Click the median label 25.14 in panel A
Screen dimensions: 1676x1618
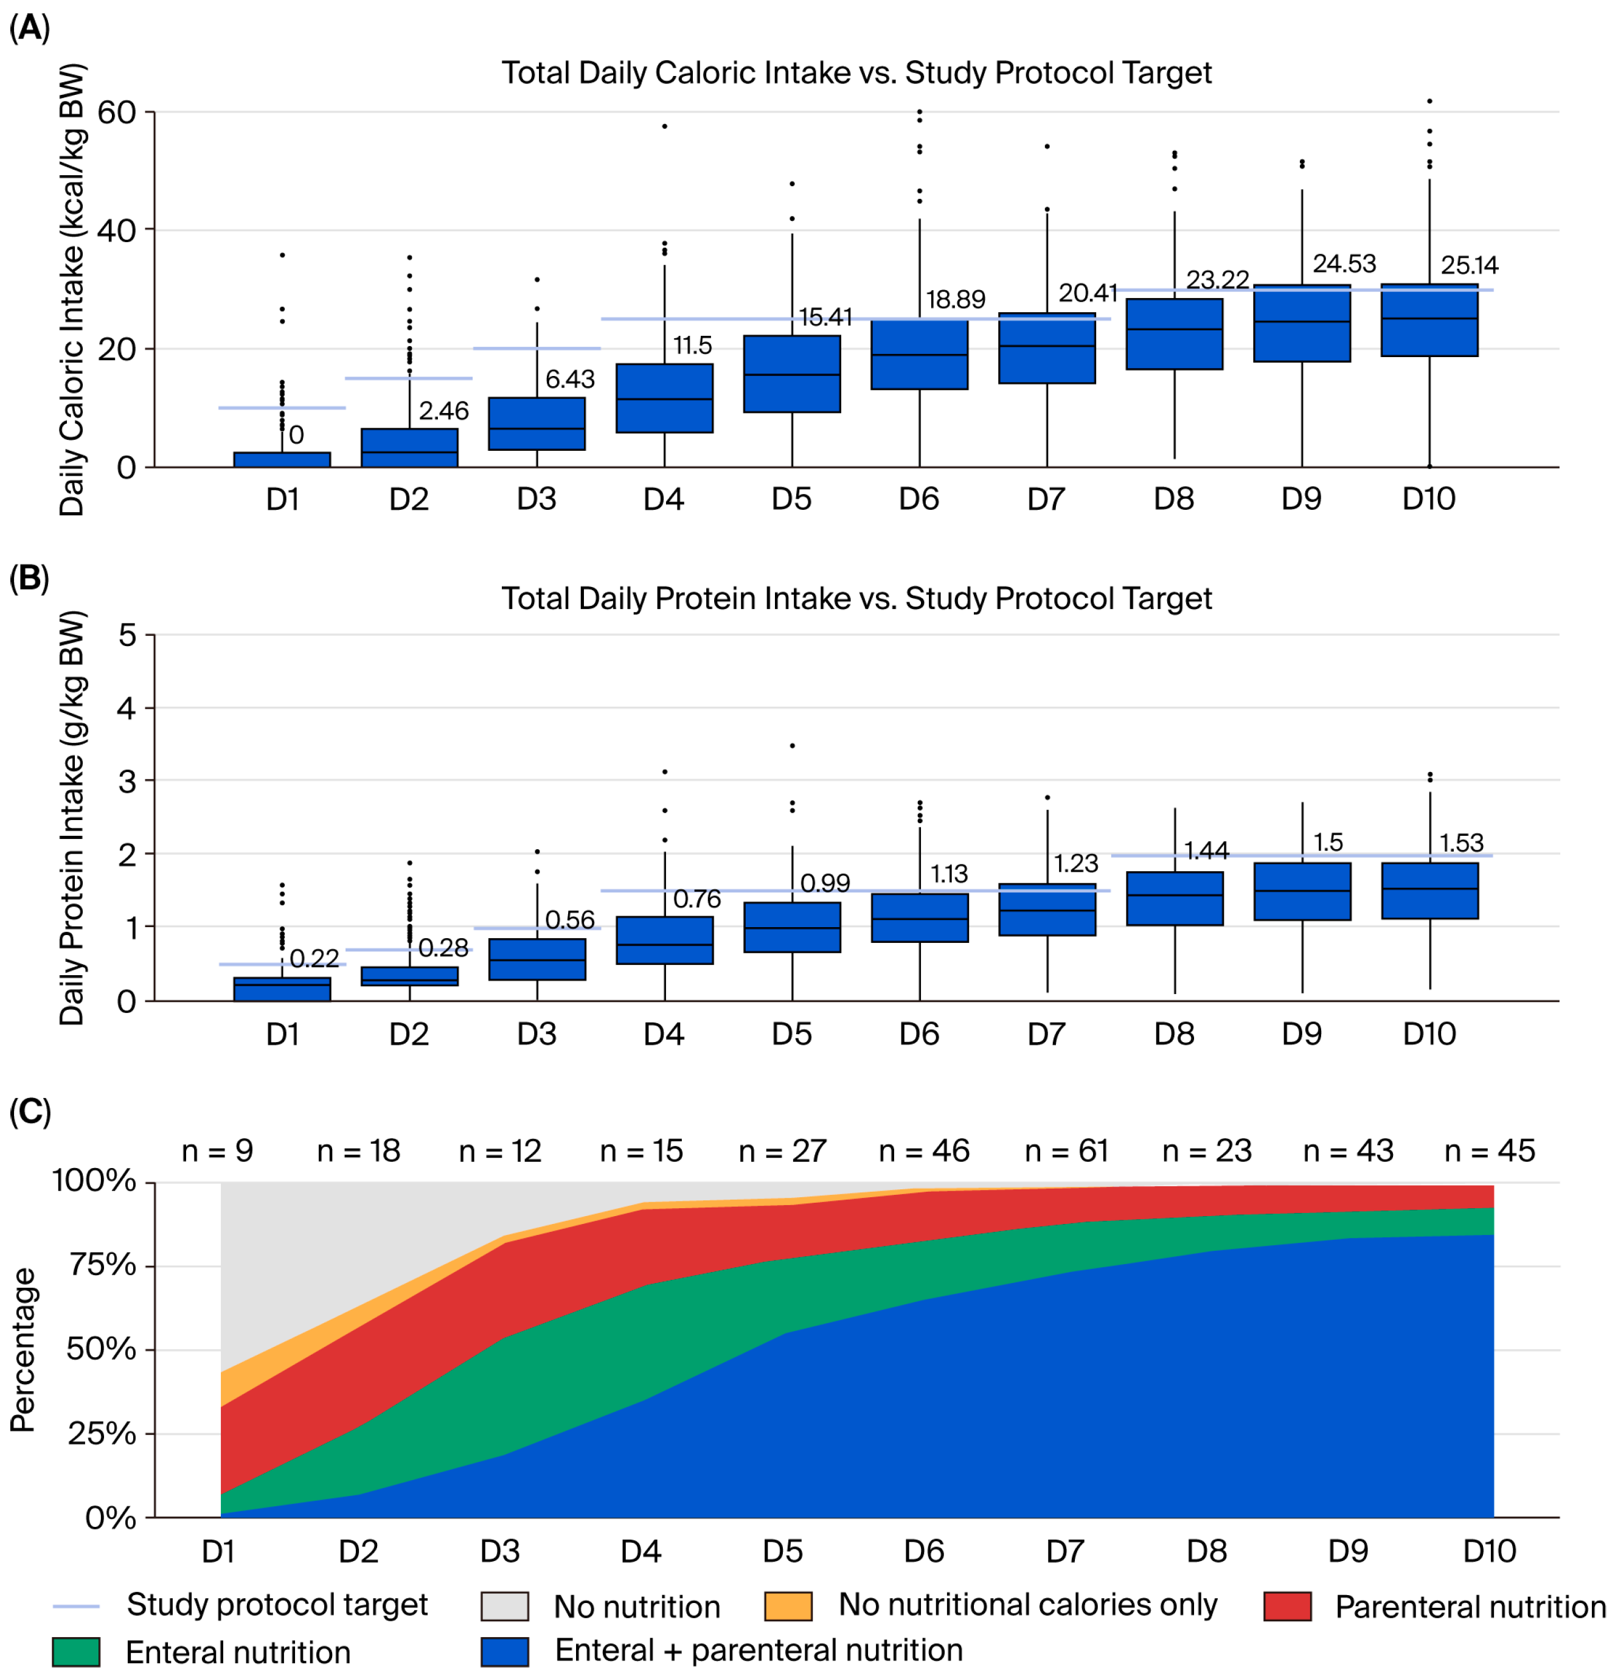(1468, 265)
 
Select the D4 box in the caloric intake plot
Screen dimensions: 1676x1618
(664, 398)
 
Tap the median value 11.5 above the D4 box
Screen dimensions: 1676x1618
(691, 346)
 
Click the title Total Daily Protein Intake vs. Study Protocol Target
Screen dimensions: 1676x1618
(855, 598)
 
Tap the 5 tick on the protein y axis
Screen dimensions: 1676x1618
(127, 635)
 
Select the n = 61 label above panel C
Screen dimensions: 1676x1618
(1066, 1150)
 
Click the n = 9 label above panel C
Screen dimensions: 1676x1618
(217, 1150)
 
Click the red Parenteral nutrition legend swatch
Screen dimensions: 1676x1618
(1286, 1606)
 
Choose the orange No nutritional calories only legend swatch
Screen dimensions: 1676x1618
(788, 1606)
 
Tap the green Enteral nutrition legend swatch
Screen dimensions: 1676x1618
(75, 1651)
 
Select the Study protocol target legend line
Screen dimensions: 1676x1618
(75, 1606)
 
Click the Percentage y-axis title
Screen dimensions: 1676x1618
(23, 1349)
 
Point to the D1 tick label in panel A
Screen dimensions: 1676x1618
(282, 498)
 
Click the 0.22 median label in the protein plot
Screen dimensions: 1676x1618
(314, 958)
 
